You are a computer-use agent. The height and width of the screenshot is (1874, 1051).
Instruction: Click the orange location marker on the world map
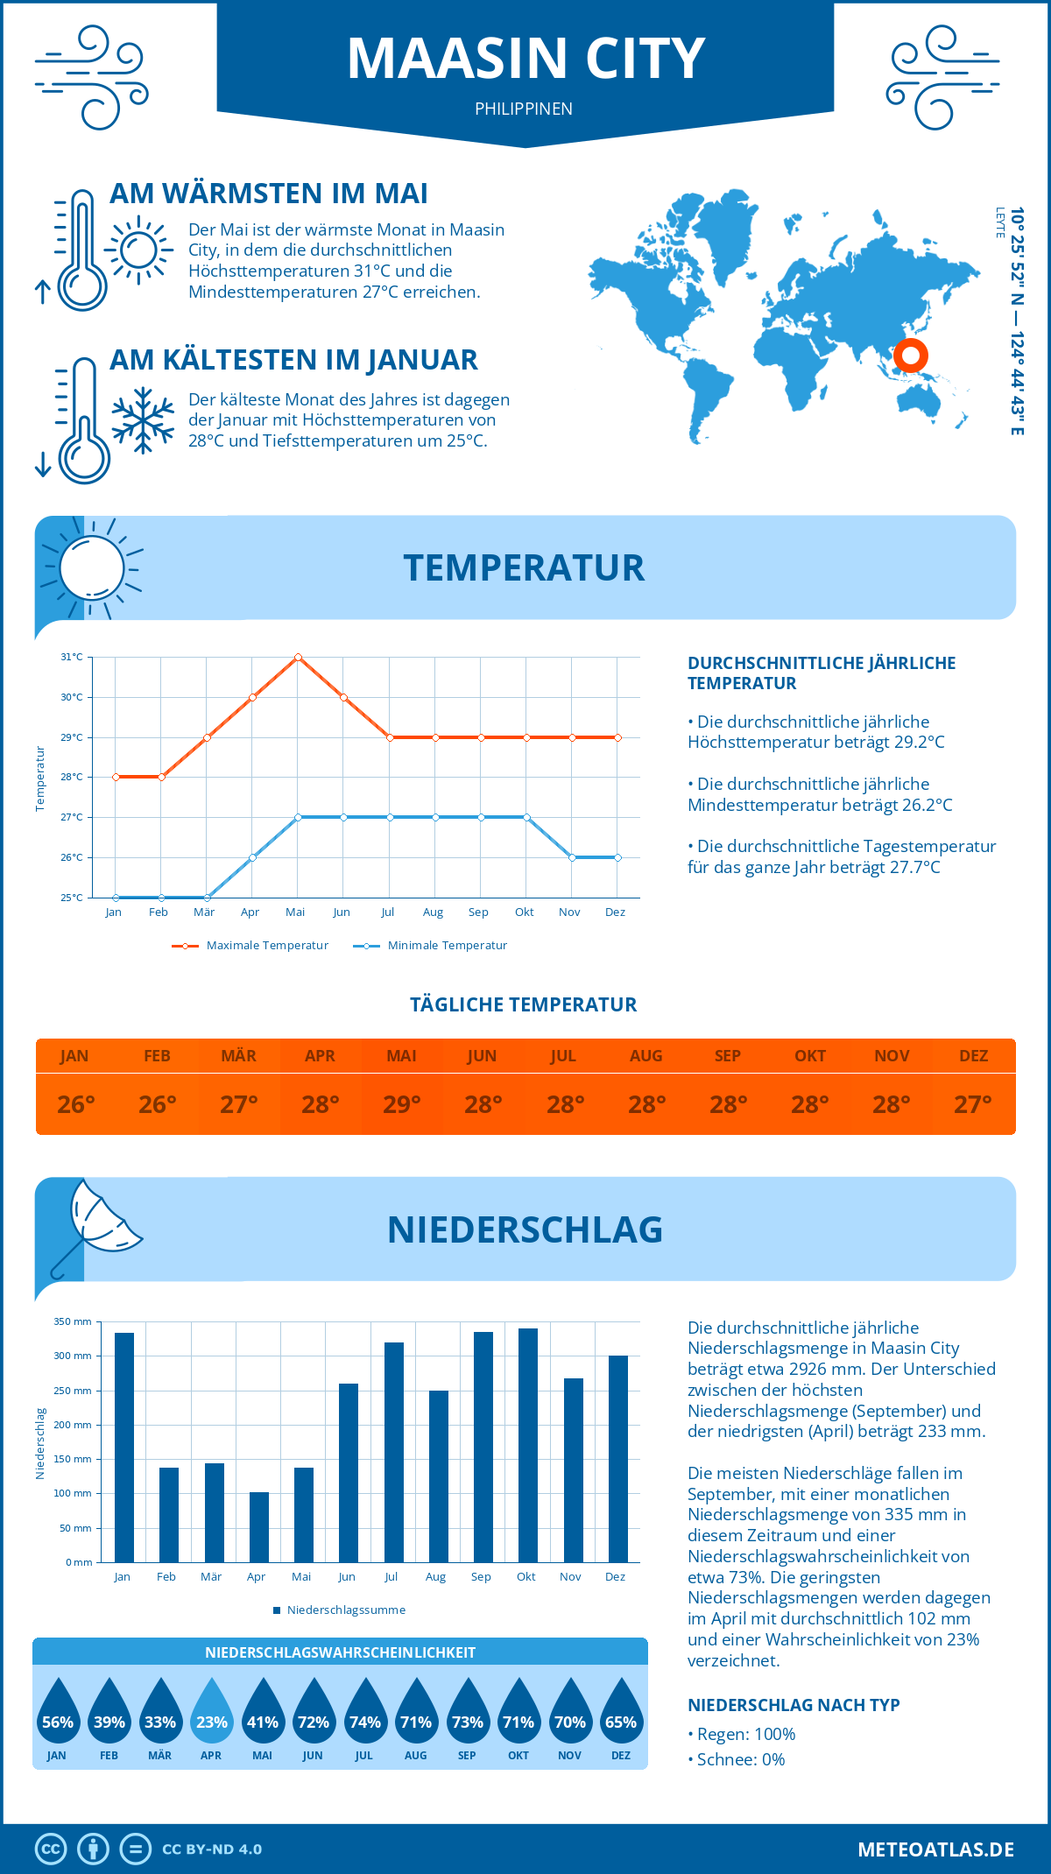click(910, 356)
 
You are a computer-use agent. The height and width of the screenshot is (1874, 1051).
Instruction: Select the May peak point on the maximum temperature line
click(298, 657)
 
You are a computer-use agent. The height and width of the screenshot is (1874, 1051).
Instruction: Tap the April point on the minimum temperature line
click(252, 857)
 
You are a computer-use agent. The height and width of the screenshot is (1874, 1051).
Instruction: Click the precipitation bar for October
click(527, 1445)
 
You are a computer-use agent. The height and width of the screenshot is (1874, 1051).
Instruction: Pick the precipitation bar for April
click(258, 1526)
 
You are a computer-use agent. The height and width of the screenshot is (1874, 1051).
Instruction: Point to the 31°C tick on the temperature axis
click(72, 657)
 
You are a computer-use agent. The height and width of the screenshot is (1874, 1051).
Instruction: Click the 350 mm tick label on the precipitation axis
click(73, 1321)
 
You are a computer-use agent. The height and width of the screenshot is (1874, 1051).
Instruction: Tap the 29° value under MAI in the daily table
click(401, 1104)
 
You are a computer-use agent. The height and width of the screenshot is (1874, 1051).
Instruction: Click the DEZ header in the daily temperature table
click(973, 1056)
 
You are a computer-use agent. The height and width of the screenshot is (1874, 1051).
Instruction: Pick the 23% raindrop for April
click(211, 1713)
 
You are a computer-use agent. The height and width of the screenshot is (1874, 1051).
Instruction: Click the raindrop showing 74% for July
click(364, 1713)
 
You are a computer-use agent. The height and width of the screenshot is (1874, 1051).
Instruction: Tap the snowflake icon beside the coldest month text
click(143, 420)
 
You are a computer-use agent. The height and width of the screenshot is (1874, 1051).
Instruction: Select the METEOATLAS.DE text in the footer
click(935, 1849)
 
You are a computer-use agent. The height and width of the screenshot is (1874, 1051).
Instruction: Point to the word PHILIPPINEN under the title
click(524, 109)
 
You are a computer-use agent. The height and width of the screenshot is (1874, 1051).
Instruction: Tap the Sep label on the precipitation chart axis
click(481, 1577)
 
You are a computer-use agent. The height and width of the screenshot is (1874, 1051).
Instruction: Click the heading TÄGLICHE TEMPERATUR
click(524, 1004)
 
